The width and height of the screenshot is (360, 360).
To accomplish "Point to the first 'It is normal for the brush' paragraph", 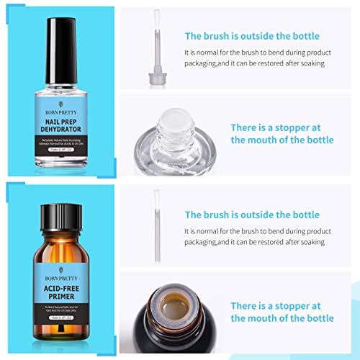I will (x=263, y=58).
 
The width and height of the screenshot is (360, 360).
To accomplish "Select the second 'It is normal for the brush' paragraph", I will (x=263, y=237).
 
